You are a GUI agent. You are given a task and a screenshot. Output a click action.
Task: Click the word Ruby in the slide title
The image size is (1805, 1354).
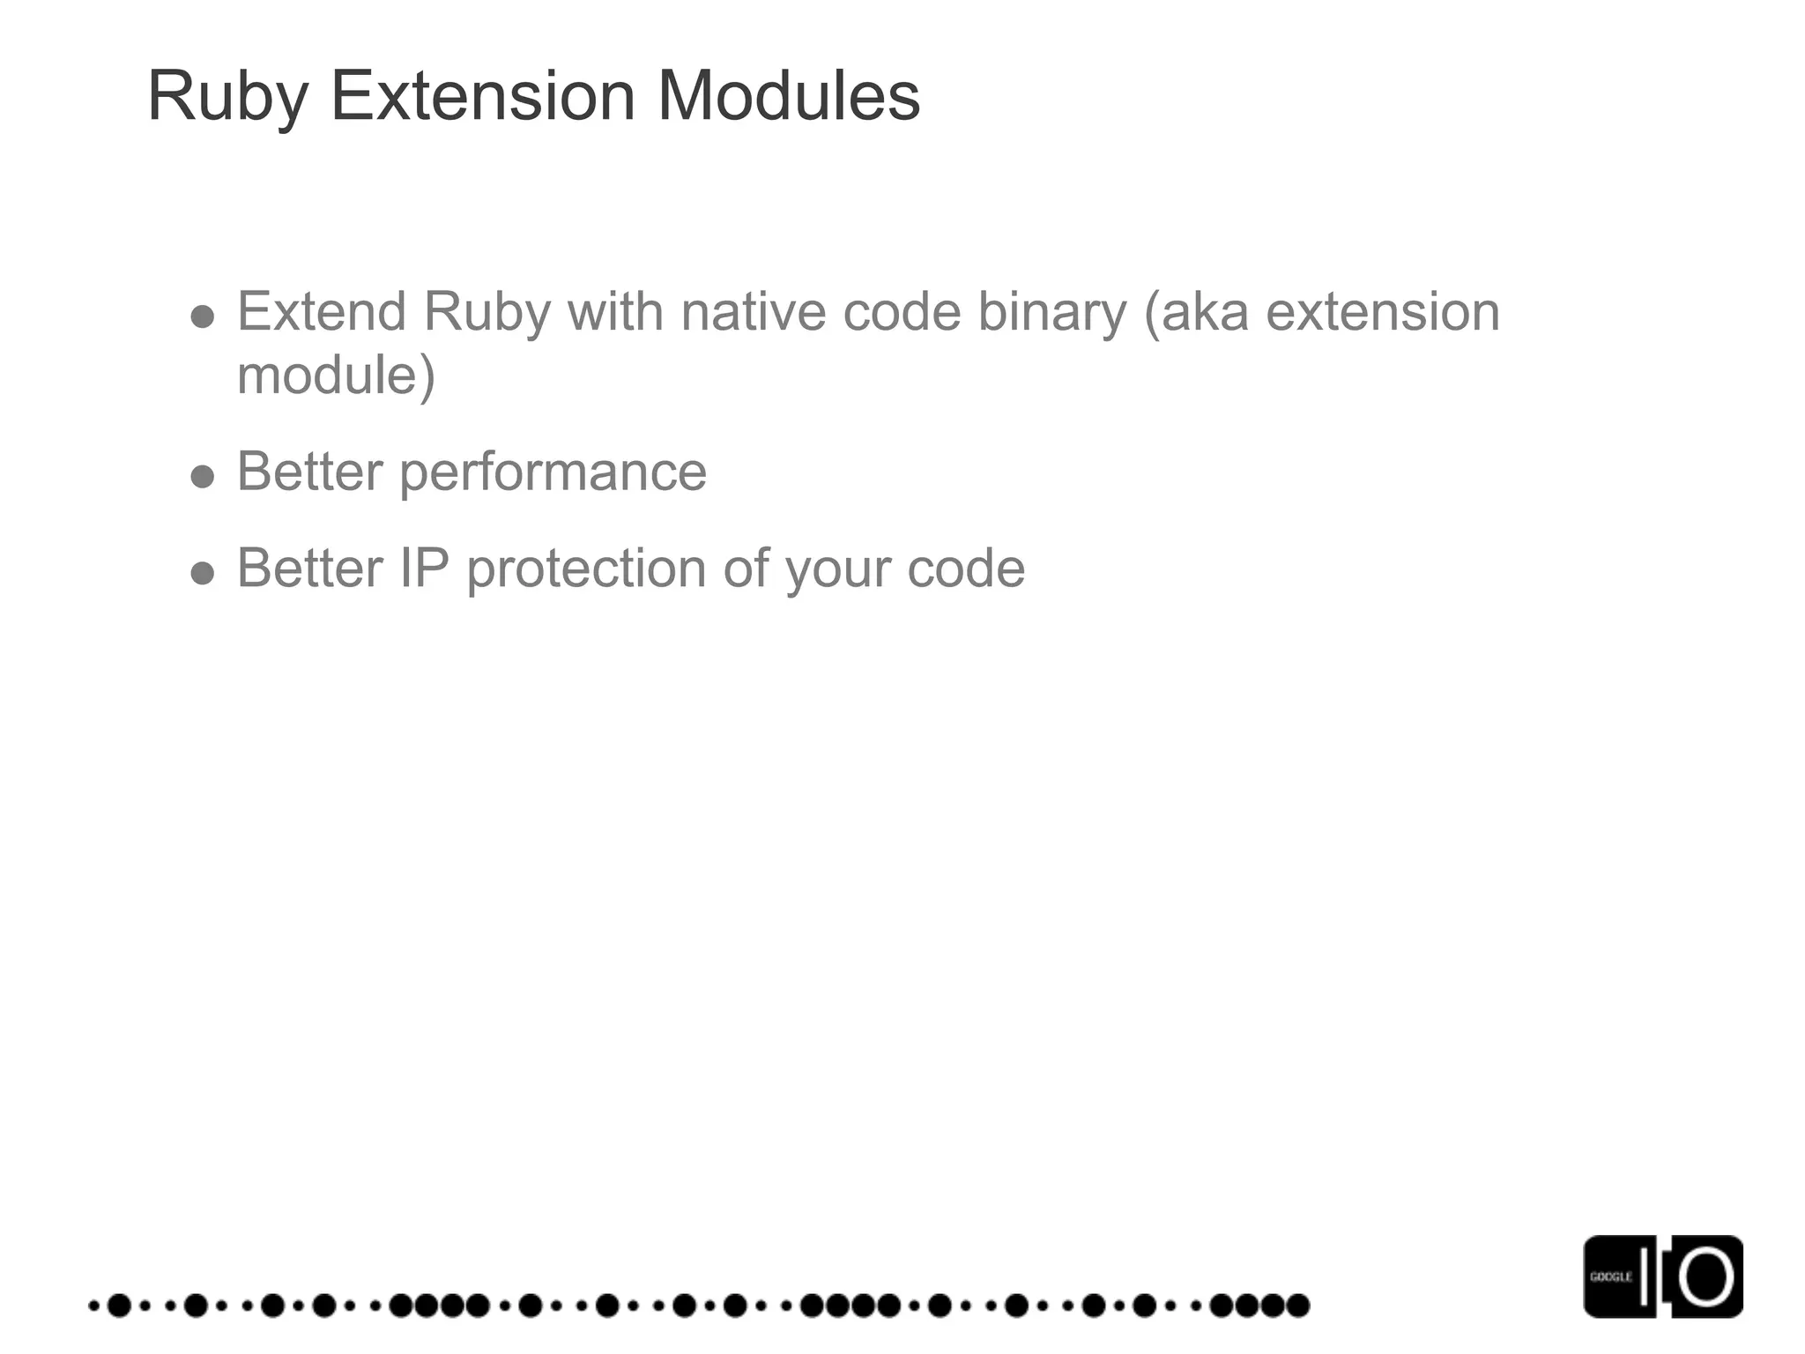[x=227, y=96]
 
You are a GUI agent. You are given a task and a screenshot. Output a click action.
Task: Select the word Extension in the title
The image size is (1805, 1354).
[x=482, y=96]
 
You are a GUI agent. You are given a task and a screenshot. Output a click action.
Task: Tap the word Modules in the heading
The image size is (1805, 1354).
[x=789, y=96]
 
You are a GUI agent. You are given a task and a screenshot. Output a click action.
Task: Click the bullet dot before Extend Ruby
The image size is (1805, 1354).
[x=203, y=316]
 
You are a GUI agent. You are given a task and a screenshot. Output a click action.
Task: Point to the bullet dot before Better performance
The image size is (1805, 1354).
[x=203, y=477]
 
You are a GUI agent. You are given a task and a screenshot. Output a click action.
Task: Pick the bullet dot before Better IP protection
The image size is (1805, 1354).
[x=203, y=574]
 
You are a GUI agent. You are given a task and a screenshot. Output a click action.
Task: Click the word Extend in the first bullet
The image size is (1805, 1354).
[x=322, y=312]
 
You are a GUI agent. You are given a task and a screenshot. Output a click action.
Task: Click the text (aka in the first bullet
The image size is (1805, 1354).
[x=1196, y=312]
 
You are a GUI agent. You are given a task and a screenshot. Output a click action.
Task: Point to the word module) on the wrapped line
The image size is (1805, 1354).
[x=336, y=376]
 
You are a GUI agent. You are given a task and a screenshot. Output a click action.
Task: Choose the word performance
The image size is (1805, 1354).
[x=553, y=472]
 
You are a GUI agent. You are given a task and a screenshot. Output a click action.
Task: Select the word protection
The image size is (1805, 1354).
[x=586, y=569]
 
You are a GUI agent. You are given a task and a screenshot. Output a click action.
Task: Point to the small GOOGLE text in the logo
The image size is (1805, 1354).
[x=1610, y=1276]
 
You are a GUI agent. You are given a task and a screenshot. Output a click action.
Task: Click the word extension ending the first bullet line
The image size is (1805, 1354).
[x=1383, y=312]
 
